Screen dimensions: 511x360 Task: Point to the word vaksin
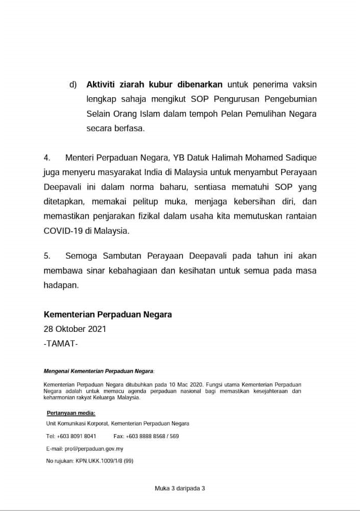(x=303, y=84)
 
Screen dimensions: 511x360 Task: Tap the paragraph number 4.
(x=47, y=158)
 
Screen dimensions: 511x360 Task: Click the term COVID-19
(x=65, y=231)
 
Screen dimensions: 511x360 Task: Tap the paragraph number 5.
(x=47, y=256)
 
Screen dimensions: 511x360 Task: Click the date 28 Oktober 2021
(x=75, y=329)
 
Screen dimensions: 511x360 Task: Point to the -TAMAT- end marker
(x=61, y=344)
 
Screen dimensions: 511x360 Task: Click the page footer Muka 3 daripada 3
(x=180, y=489)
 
